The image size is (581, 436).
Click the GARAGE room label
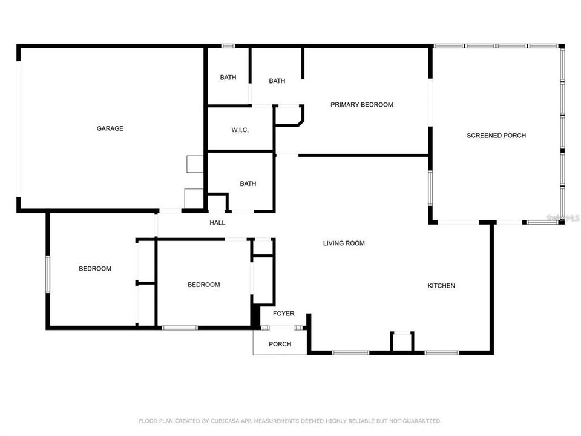pyautogui.click(x=110, y=128)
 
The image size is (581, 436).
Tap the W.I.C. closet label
pyautogui.click(x=240, y=130)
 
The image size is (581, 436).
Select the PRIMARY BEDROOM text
pyautogui.click(x=361, y=105)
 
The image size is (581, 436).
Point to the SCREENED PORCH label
pyautogui.click(x=496, y=136)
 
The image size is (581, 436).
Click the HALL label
pyautogui.click(x=217, y=223)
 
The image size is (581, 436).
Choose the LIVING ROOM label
pyautogui.click(x=343, y=243)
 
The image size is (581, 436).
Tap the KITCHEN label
pyautogui.click(x=441, y=286)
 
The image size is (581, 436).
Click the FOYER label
pyautogui.click(x=283, y=314)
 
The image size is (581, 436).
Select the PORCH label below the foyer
pyautogui.click(x=280, y=344)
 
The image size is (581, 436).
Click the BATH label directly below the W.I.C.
pyautogui.click(x=248, y=183)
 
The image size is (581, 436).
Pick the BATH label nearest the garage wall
pyautogui.click(x=228, y=78)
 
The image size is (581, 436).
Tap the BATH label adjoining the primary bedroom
pyautogui.click(x=277, y=81)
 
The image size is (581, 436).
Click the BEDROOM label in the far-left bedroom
pyautogui.click(x=95, y=269)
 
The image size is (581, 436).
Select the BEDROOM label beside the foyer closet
pyautogui.click(x=203, y=285)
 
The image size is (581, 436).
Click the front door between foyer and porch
pyautogui.click(x=282, y=328)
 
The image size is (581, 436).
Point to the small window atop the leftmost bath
pyautogui.click(x=228, y=46)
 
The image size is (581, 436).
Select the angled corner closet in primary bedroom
pyautogui.click(x=289, y=115)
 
